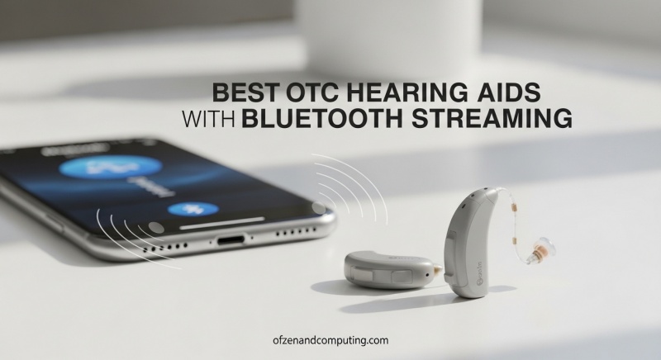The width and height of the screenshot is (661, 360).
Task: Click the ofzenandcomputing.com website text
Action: coord(330,339)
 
